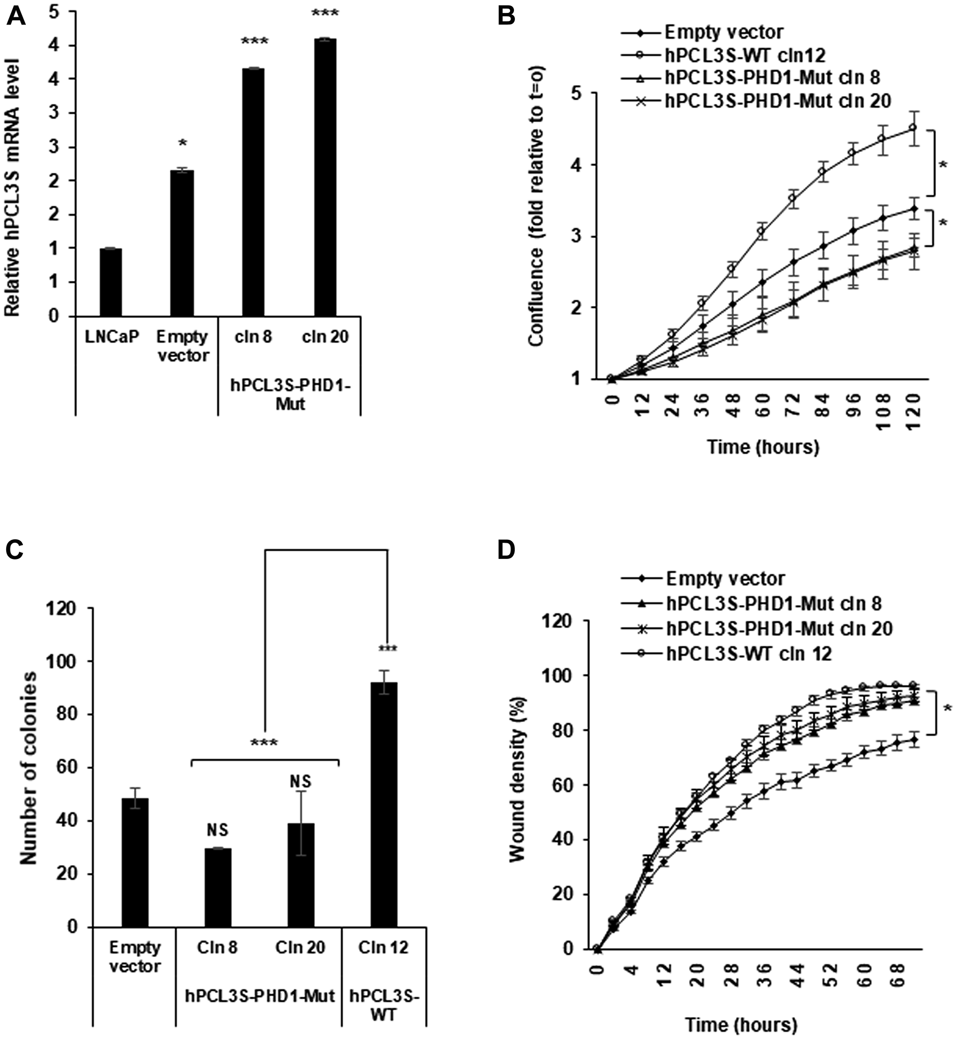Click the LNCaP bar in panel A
click(x=111, y=282)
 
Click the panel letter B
click(x=506, y=17)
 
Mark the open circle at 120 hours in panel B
click(x=913, y=127)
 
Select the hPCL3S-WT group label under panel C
click(x=384, y=1005)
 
